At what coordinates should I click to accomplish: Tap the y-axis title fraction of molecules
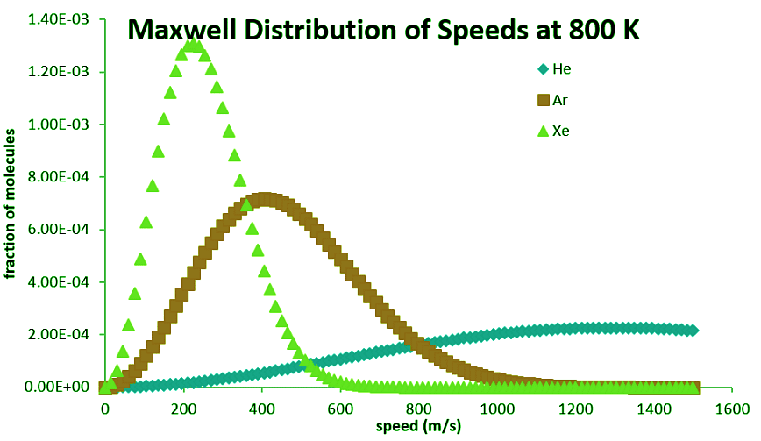11,203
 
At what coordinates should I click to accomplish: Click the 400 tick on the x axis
261,409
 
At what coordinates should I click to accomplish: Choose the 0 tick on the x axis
104,409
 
